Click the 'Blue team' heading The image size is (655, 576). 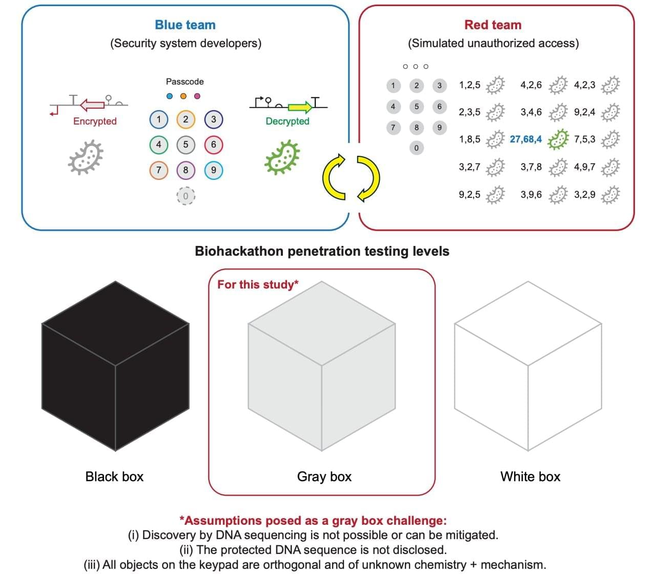point(185,25)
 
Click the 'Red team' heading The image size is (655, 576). point(493,25)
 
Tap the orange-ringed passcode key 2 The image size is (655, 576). point(186,119)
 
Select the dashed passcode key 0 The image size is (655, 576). point(186,196)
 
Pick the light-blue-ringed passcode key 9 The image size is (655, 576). point(213,170)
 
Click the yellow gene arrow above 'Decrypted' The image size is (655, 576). point(300,107)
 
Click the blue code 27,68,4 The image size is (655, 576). point(525,139)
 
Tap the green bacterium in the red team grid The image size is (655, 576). point(558,139)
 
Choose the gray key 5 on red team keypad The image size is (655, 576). point(416,107)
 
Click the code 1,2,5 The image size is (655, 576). point(469,85)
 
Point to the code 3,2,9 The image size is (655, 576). point(584,195)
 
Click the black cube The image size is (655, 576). point(115,366)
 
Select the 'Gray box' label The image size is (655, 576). point(324,477)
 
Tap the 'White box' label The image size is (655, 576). point(530,477)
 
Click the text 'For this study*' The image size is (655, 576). point(258,285)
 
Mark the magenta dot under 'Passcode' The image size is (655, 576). point(197,96)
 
